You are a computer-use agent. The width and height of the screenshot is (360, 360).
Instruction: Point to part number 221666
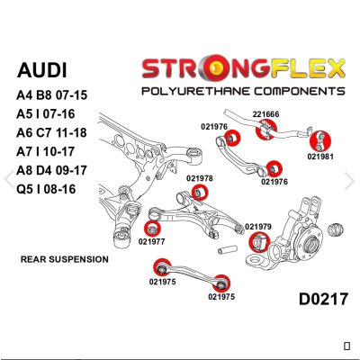265,114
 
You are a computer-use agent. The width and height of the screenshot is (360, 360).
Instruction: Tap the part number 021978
200,178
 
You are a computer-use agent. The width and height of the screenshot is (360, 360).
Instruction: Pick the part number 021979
258,226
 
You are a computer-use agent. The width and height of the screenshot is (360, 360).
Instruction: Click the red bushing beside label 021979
256,240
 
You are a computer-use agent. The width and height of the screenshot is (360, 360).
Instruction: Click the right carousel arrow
350,180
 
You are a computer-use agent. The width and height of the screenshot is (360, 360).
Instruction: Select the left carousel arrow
9,180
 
